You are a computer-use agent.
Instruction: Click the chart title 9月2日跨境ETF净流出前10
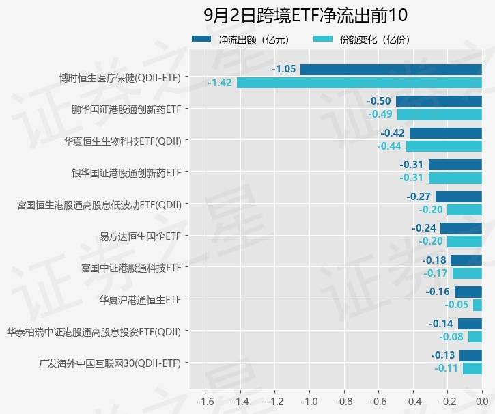[305, 15]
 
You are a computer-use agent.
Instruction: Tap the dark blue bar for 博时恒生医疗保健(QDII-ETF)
[391, 70]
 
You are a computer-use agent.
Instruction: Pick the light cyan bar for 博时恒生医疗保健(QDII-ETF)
[359, 83]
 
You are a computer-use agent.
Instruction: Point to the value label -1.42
[220, 83]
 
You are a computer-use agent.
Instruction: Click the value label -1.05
[284, 69]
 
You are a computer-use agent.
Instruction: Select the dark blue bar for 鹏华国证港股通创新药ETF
[439, 101]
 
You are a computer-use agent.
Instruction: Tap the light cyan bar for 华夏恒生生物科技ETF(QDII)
[444, 146]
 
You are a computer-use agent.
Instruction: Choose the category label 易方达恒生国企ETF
[140, 236]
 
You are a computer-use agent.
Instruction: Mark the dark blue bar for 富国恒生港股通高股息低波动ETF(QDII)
[459, 197]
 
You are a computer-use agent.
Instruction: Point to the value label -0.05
[457, 305]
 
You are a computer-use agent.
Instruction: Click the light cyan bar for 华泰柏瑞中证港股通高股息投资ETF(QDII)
[475, 336]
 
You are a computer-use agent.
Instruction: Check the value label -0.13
[443, 355]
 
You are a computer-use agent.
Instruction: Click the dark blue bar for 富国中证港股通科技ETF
[466, 260]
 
